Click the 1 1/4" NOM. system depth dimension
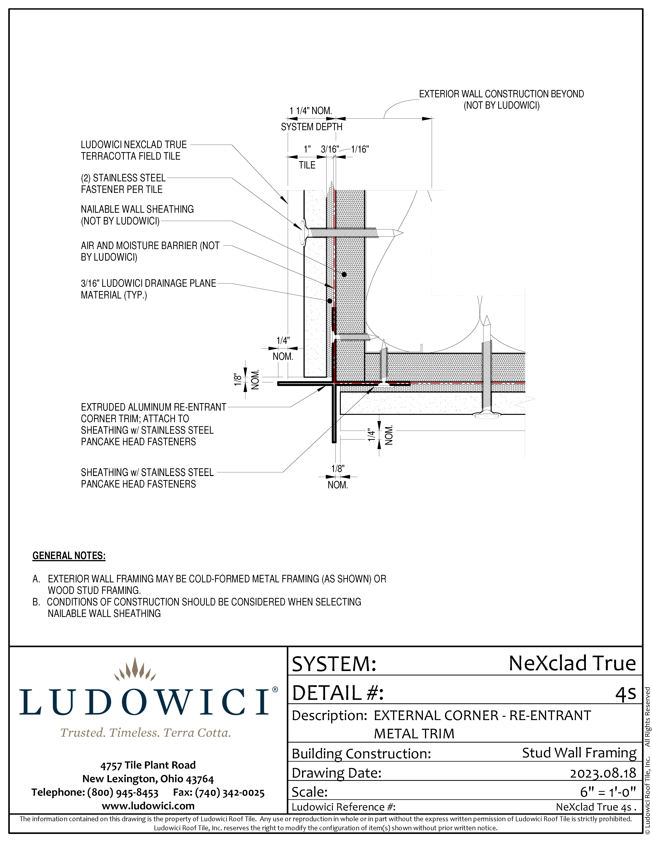311,111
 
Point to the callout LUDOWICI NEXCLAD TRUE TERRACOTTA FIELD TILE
133,150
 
